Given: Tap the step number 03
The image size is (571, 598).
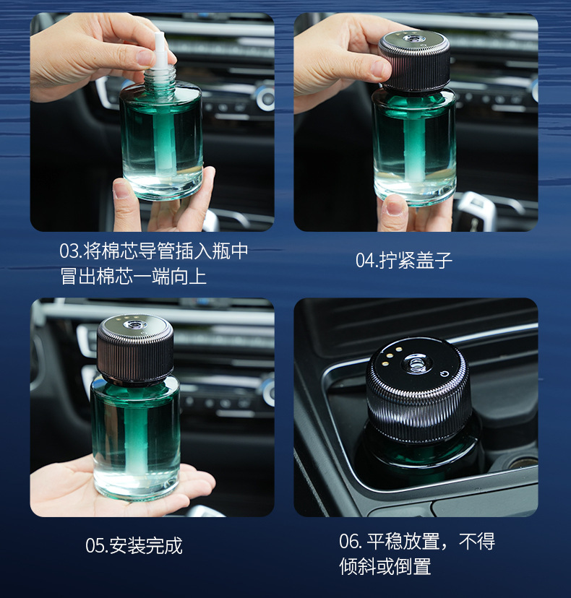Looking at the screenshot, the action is click(x=69, y=251).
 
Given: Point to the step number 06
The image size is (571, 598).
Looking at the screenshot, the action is click(x=349, y=542).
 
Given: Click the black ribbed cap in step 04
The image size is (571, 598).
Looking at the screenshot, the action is click(x=414, y=62).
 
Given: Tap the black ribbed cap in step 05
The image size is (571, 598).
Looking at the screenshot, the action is click(x=135, y=349).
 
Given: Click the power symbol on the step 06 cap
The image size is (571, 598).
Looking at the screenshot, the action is click(x=444, y=373).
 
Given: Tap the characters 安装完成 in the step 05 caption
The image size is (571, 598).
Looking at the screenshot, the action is click(x=146, y=546).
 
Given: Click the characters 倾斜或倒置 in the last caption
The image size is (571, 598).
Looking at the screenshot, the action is click(x=385, y=566).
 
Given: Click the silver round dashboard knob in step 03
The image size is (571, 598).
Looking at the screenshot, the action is click(x=266, y=97).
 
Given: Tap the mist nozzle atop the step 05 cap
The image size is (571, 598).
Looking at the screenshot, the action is click(x=134, y=325).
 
